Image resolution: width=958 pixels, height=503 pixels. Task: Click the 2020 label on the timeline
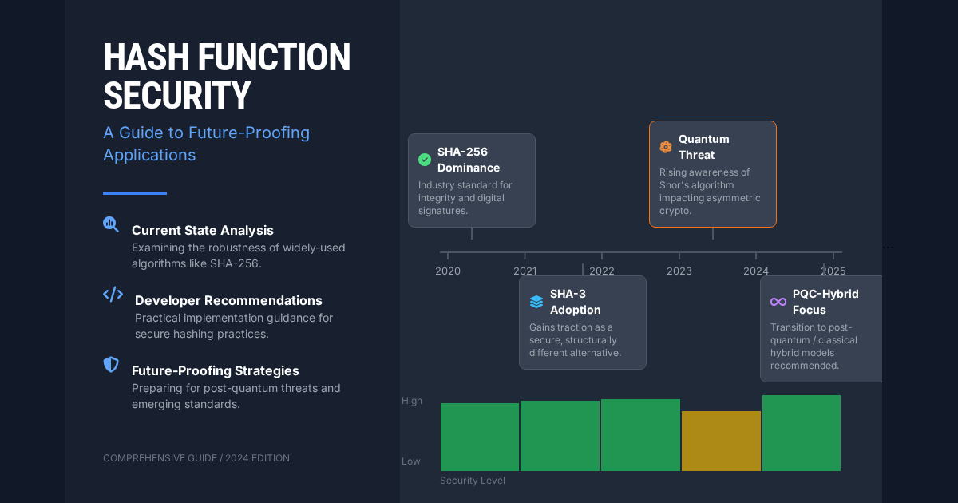point(448,271)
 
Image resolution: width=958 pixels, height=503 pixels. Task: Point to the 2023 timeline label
point(679,271)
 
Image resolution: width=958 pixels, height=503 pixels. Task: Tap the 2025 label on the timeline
point(833,271)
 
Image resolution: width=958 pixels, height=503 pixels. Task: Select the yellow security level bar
point(721,441)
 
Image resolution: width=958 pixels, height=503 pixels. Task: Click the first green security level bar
point(480,437)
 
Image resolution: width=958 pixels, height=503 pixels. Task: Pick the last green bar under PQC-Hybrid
point(802,433)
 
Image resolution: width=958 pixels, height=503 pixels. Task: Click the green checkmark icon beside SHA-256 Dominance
point(425,160)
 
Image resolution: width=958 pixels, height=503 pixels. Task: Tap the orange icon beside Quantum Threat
point(666,147)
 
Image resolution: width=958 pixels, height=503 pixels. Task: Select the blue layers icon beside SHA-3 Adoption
point(536,302)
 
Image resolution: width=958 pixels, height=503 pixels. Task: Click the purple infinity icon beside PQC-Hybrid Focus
point(778,302)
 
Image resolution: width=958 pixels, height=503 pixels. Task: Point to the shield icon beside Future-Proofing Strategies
point(112,365)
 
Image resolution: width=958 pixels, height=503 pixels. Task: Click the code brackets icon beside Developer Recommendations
point(113,295)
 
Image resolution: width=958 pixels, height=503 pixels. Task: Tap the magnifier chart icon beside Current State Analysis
point(111,224)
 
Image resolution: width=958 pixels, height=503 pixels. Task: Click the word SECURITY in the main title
point(177,95)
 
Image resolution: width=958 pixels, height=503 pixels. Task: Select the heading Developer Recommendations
point(228,300)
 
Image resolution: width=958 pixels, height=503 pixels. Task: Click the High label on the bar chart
point(412,401)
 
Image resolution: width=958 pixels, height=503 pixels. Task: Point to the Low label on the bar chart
point(411,461)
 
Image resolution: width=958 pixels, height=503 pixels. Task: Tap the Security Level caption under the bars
point(473,481)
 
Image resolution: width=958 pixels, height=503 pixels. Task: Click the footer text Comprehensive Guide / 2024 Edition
point(196,458)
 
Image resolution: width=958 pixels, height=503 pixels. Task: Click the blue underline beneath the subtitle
point(135,193)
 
